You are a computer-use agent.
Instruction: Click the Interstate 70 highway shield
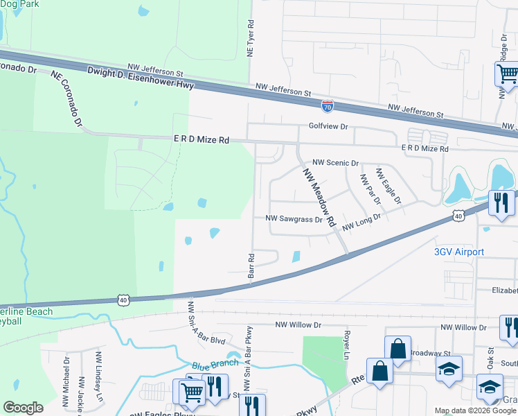pyautogui.click(x=328, y=106)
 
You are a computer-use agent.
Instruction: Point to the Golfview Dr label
pyautogui.click(x=328, y=127)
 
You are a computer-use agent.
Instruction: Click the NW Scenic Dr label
pyautogui.click(x=336, y=163)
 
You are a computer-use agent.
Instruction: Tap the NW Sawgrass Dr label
pyautogui.click(x=295, y=219)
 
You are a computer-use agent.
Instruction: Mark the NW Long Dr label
pyautogui.click(x=360, y=221)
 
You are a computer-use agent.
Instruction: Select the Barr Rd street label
pyautogui.click(x=251, y=266)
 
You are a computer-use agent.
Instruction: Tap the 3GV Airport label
pyautogui.click(x=458, y=252)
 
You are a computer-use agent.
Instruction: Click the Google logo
pyautogui.click(x=23, y=408)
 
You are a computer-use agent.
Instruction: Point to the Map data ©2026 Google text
pyautogui.click(x=475, y=410)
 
